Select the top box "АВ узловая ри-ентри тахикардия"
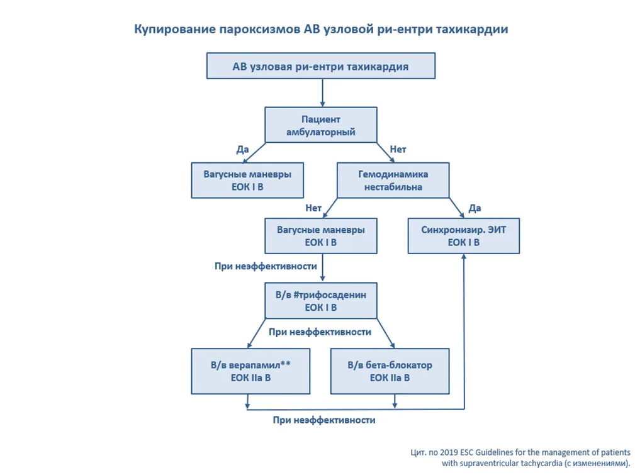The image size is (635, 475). (x=321, y=65)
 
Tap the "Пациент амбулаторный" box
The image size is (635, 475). (x=321, y=125)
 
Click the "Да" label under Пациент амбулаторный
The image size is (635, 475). (x=242, y=150)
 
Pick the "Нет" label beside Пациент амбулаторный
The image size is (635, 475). (x=398, y=150)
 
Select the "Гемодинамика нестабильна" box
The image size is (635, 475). (x=393, y=180)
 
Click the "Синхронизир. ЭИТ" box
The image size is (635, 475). (x=463, y=236)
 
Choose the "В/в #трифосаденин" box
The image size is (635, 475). (x=321, y=301)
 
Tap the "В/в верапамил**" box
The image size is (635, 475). (x=250, y=371)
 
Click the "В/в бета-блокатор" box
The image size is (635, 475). (x=390, y=371)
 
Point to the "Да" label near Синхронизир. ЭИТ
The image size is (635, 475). (x=475, y=208)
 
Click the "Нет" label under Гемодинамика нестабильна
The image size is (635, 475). (x=313, y=208)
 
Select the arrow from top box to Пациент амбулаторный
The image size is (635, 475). (x=322, y=92)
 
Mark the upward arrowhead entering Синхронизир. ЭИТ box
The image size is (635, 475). (x=464, y=257)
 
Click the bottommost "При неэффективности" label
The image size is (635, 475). (x=324, y=420)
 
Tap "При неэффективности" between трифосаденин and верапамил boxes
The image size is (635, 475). (x=320, y=332)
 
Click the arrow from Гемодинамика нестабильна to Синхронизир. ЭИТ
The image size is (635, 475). (x=456, y=208)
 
